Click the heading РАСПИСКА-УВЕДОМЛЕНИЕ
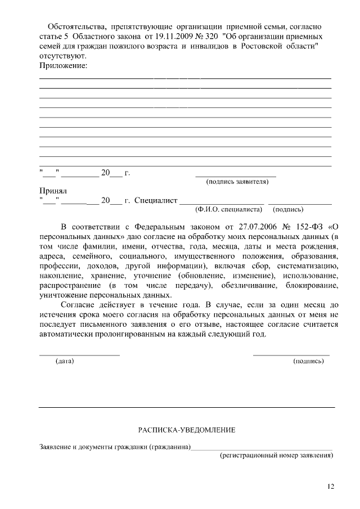187,430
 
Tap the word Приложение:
63,66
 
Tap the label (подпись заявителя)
237,182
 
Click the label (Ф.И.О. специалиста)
229,209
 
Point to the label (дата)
65,361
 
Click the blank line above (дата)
79,355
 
